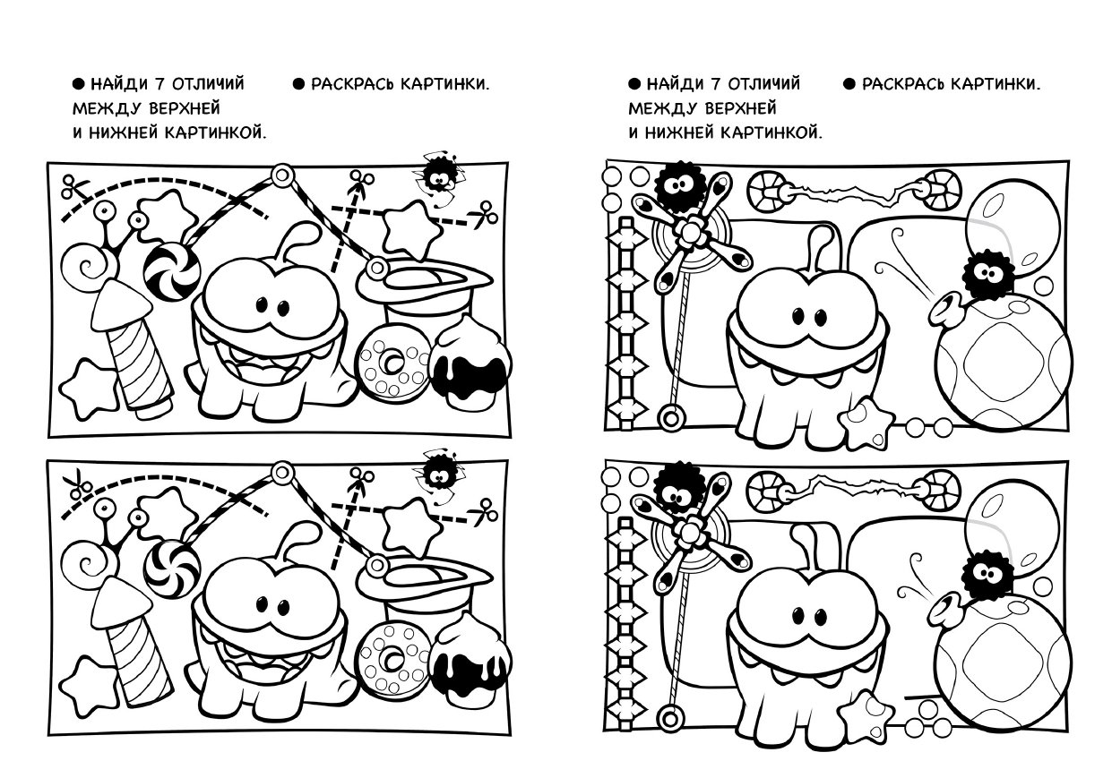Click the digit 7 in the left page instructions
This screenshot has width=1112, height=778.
point(159,84)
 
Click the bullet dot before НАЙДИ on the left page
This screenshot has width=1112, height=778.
point(79,84)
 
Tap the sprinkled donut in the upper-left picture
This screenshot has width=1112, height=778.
point(392,362)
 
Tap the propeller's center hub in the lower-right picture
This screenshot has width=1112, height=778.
point(690,532)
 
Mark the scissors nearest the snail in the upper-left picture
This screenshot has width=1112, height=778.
point(75,187)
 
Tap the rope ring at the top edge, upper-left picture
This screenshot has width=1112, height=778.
point(282,175)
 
